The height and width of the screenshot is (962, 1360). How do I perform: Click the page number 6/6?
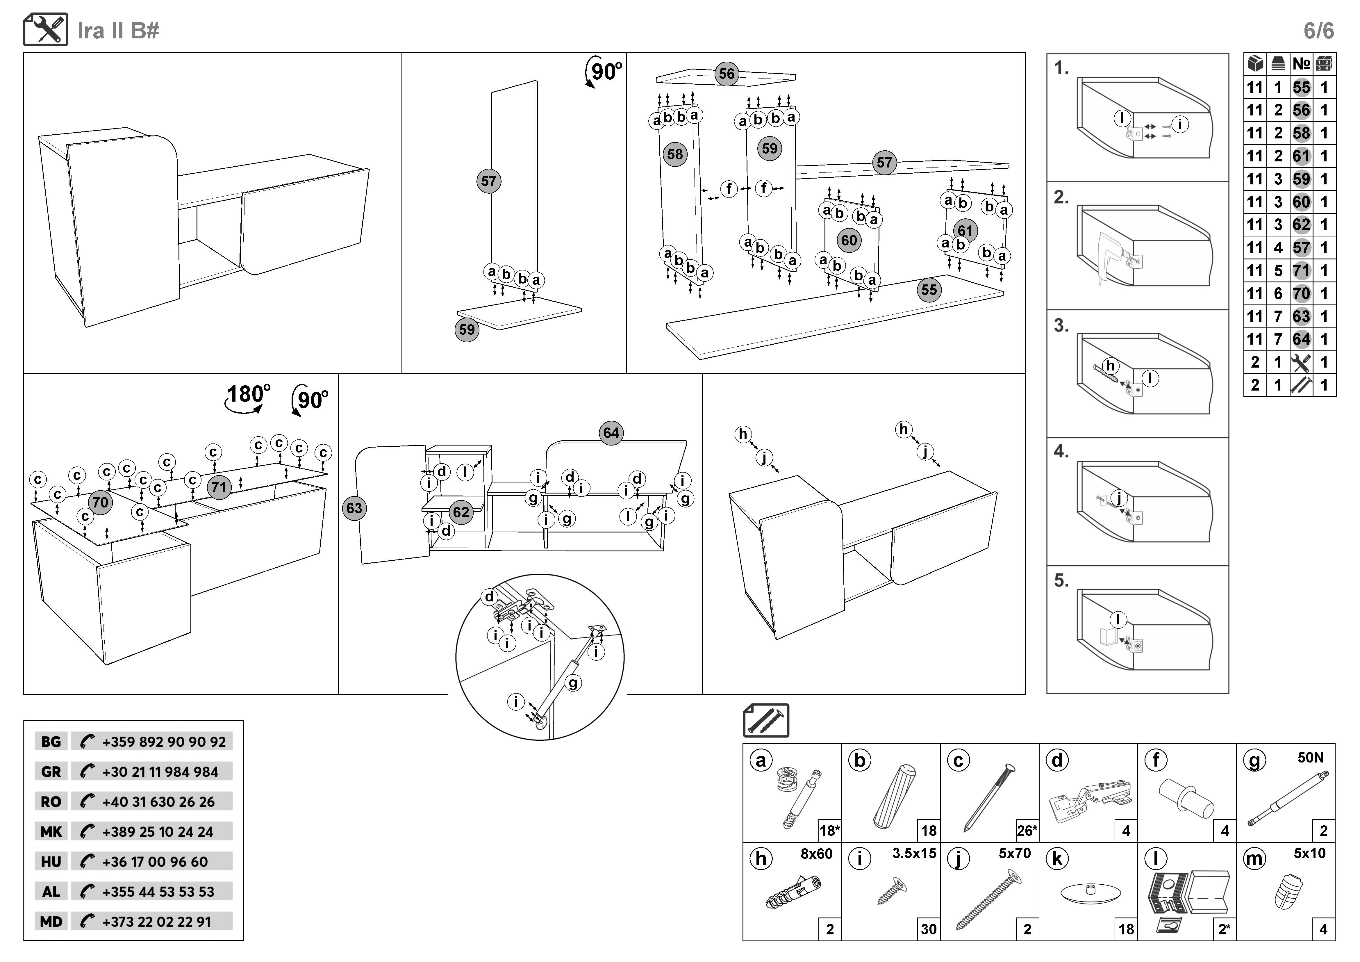pyautogui.click(x=1318, y=31)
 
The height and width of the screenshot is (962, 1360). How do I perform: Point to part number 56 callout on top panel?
pyautogui.click(x=726, y=74)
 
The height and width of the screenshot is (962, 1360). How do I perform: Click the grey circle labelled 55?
pyautogui.click(x=929, y=290)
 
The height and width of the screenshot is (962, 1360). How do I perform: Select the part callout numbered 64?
pyautogui.click(x=611, y=433)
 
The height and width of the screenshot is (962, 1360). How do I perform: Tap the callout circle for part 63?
pyautogui.click(x=354, y=508)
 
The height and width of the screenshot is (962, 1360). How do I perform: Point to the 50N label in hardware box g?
pyautogui.click(x=1310, y=758)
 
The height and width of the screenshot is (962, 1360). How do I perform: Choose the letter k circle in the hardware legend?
pyautogui.click(x=1057, y=858)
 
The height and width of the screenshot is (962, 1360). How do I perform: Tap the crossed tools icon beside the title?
pyautogui.click(x=46, y=30)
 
